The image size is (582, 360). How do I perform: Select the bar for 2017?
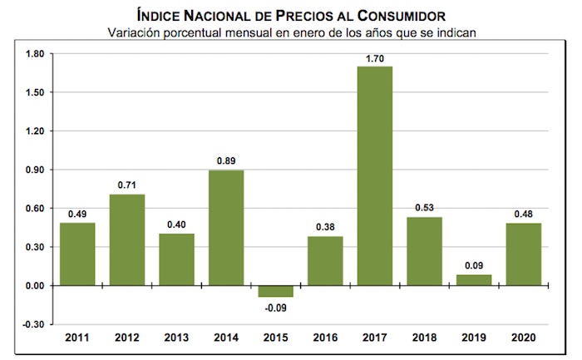click(x=375, y=176)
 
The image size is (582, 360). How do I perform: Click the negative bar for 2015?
click(x=275, y=291)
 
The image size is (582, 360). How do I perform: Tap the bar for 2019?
click(x=473, y=280)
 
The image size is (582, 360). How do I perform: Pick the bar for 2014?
click(x=226, y=228)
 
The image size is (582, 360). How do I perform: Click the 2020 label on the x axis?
click(x=523, y=338)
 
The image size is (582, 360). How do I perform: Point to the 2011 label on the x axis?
click(x=77, y=338)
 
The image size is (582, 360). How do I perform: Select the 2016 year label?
click(x=325, y=338)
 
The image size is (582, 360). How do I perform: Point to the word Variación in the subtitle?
click(x=139, y=32)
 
